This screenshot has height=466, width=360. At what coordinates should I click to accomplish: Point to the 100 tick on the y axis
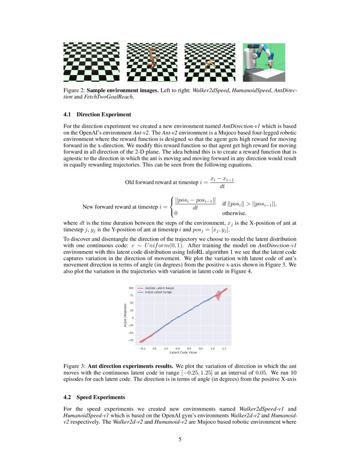click(131, 288)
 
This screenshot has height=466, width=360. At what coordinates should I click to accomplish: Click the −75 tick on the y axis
click(131, 340)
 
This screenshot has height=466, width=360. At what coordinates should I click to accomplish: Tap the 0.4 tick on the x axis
click(178, 348)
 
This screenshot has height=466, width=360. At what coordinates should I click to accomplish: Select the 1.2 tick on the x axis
click(224, 348)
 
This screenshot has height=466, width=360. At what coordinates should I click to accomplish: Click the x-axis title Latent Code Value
click(183, 352)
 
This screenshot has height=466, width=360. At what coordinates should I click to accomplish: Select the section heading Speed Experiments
click(101, 397)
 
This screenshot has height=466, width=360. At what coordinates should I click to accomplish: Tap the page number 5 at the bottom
click(180, 440)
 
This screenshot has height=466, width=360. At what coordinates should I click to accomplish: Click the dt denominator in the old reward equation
click(222, 186)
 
